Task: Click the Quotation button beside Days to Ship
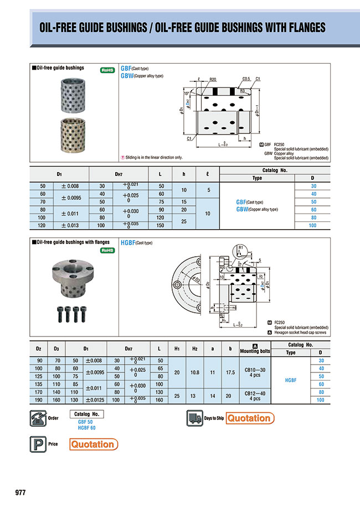[x=249, y=418]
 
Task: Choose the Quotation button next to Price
[x=94, y=444]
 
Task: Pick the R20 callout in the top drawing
[x=213, y=80]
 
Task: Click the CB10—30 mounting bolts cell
[x=254, y=374]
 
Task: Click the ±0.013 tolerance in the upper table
[x=73, y=225]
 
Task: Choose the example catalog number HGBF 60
[x=86, y=427]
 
